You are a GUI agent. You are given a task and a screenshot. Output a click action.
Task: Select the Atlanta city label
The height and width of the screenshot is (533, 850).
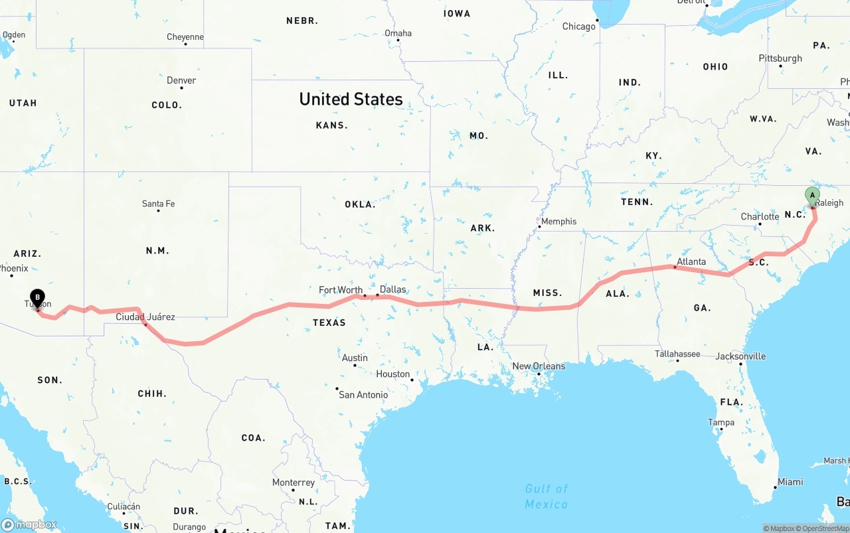click(691, 262)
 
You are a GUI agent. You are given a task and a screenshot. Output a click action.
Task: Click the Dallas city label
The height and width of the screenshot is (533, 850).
click(392, 289)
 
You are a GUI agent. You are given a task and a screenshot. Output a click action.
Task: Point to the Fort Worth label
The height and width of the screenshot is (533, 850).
click(341, 289)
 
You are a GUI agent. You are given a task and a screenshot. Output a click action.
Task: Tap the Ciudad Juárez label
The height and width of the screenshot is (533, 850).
click(145, 317)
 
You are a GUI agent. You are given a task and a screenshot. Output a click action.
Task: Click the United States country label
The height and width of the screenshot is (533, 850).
click(351, 99)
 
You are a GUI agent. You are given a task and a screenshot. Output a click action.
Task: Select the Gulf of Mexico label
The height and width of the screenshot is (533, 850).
click(547, 496)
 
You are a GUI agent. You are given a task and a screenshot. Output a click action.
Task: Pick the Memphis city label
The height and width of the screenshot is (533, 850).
click(558, 221)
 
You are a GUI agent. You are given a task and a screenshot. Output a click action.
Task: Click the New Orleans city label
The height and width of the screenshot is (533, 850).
click(539, 366)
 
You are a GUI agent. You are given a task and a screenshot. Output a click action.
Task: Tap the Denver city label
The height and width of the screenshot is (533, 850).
click(181, 80)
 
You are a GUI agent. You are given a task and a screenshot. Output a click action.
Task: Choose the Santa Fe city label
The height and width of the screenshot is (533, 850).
click(158, 204)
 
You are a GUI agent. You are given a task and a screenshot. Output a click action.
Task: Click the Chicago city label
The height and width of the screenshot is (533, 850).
click(579, 27)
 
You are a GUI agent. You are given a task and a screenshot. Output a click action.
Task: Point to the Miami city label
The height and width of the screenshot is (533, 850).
click(790, 482)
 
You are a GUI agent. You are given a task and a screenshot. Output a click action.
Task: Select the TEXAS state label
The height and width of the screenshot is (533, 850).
click(329, 323)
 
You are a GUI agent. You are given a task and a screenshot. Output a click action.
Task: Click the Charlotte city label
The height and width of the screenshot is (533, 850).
click(760, 216)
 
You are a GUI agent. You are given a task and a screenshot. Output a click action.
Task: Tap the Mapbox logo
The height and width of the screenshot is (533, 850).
click(29, 524)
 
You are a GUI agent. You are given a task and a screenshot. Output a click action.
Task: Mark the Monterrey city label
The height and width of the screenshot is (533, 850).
click(294, 483)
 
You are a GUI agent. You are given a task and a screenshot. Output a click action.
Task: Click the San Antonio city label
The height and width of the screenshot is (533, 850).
click(363, 395)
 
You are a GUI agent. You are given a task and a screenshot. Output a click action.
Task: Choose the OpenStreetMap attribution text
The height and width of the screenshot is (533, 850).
click(825, 528)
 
